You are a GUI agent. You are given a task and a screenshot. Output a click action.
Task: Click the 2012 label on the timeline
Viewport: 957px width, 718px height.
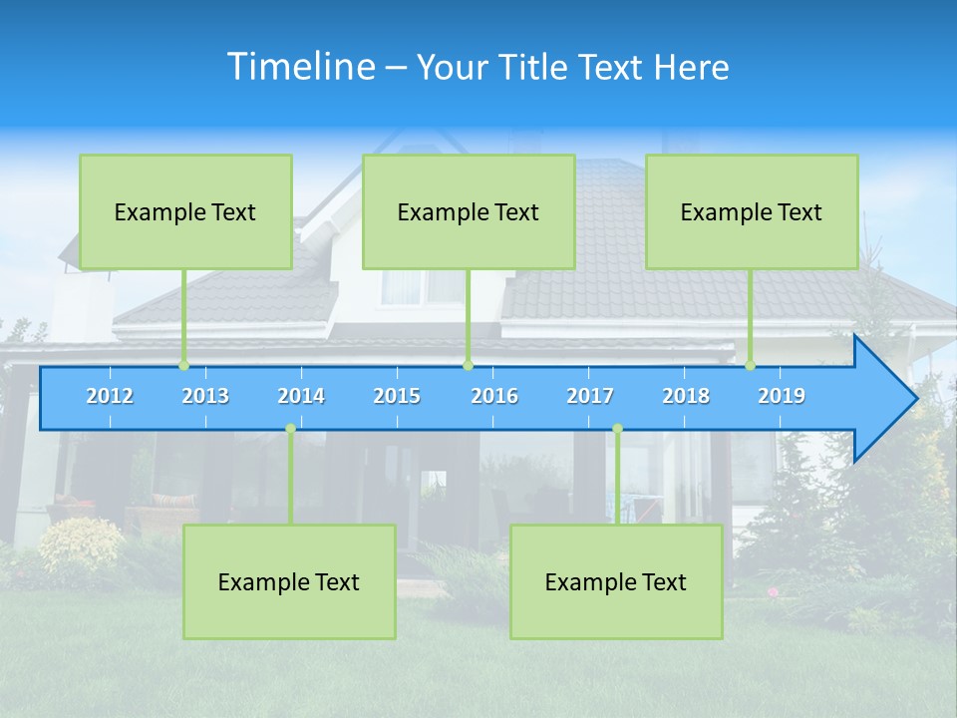click(x=110, y=396)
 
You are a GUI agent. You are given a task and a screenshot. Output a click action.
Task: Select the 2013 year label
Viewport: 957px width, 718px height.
click(x=205, y=396)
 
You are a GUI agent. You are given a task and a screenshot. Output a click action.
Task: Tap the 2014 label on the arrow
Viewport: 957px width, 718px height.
click(x=301, y=396)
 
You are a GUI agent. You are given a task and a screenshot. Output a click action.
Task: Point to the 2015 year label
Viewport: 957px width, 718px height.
click(x=397, y=396)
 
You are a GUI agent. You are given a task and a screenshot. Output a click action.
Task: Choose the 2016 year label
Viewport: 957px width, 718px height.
click(x=494, y=396)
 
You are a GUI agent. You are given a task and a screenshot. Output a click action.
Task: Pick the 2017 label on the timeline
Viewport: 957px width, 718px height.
click(x=590, y=396)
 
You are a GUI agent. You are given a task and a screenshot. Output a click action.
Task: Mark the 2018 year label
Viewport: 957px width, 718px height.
click(x=686, y=396)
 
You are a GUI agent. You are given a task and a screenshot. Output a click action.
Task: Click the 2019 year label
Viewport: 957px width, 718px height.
click(x=782, y=396)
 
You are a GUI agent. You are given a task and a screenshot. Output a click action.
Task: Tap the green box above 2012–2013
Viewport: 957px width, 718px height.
click(x=185, y=211)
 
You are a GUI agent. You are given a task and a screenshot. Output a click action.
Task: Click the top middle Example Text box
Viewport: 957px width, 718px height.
click(x=469, y=211)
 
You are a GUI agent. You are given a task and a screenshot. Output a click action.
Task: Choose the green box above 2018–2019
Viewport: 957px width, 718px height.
click(x=752, y=211)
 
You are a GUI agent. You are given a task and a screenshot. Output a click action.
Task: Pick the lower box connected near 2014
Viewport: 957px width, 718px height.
click(x=289, y=581)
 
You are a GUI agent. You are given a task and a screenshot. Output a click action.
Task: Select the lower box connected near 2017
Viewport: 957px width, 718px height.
click(x=616, y=581)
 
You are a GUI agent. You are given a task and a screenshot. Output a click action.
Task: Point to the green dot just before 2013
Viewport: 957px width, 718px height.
click(x=183, y=365)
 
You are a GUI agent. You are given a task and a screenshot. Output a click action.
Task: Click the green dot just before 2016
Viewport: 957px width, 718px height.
click(x=468, y=365)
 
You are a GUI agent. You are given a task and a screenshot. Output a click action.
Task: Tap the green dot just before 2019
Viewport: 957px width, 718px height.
click(x=751, y=365)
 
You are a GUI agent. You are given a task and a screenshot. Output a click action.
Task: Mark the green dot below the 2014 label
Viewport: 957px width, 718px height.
click(x=290, y=429)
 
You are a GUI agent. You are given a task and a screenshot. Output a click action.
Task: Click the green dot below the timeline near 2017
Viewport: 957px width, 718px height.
click(x=617, y=429)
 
